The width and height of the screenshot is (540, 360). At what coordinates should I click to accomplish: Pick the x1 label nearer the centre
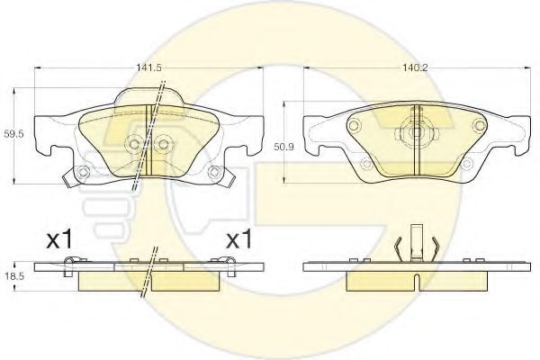tap(237, 241)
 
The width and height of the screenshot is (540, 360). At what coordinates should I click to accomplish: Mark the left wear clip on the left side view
tap(71, 262)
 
